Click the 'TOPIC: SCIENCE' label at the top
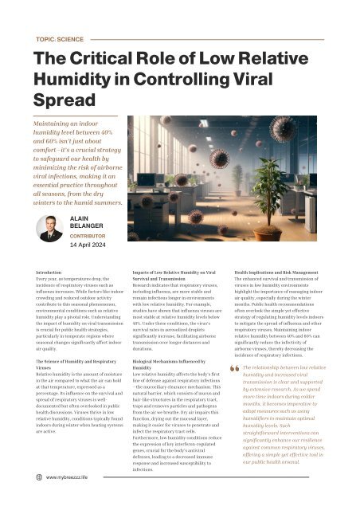pyautogui.click(x=61, y=37)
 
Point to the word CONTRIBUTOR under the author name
pyautogui.click(x=93, y=236)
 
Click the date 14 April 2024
pyautogui.click(x=92, y=245)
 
